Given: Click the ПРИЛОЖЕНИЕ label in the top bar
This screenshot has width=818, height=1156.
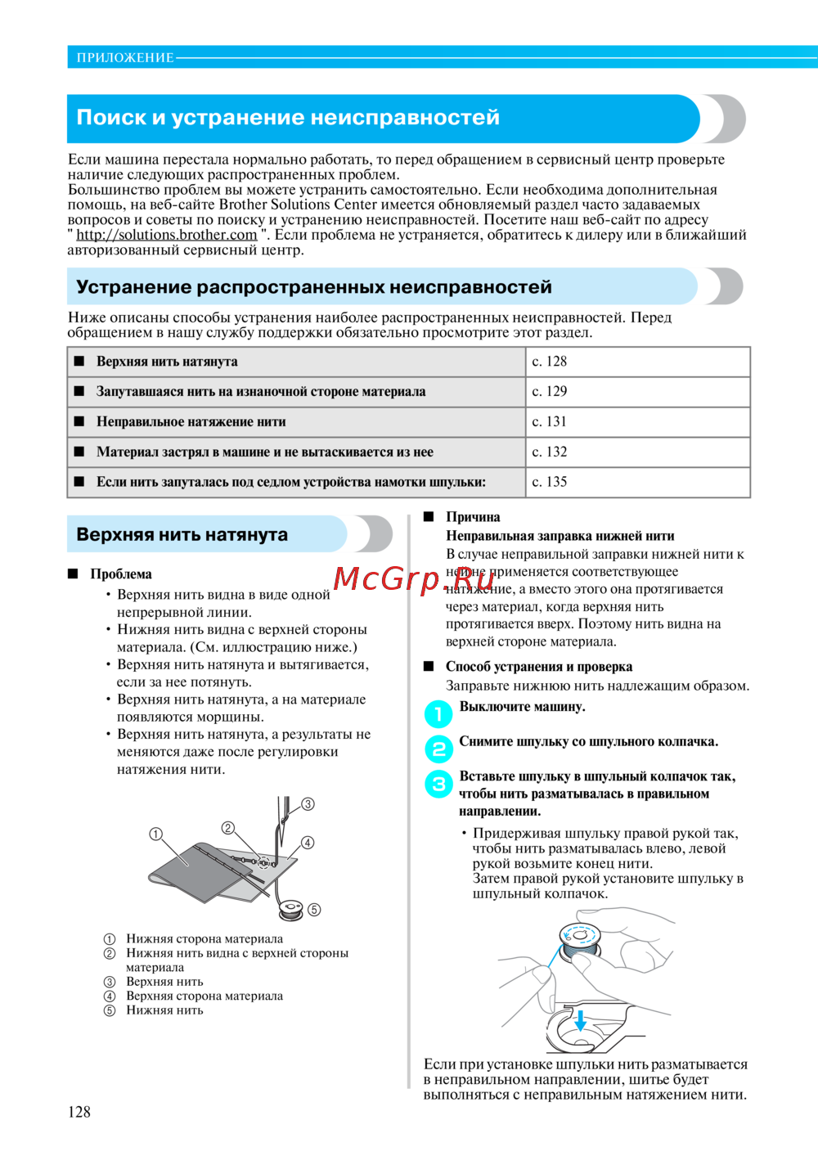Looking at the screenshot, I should coord(124,58).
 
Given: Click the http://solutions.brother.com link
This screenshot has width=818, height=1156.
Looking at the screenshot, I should coord(167,235).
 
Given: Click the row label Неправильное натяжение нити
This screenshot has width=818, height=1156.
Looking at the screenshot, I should coord(191,422).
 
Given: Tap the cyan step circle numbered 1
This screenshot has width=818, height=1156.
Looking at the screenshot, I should coord(438,714).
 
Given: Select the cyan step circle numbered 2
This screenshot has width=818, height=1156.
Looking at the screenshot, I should coord(438,749).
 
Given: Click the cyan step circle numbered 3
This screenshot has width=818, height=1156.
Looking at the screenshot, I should coord(438,784).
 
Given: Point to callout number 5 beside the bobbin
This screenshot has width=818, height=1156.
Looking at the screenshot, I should coord(314,910).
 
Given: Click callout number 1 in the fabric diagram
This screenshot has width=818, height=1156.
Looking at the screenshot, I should coord(155,834).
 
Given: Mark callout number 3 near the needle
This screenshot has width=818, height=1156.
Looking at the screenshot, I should coord(308,804).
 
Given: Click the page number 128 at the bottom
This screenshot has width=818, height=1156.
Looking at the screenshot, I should coord(79,1112).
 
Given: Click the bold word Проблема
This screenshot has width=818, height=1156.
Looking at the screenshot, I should coord(121,574).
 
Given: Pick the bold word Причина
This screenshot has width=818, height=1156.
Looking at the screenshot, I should coord(473,517).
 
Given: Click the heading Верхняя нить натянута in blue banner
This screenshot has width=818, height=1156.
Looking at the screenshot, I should coord(182,535).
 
